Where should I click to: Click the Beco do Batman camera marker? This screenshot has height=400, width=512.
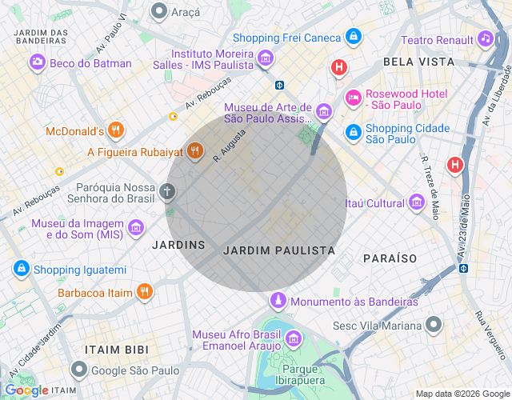38,62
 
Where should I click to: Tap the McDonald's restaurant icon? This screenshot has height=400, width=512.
116,130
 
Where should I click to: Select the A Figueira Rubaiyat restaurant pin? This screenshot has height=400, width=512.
194,150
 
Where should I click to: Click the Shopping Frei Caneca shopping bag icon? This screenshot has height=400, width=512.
353,37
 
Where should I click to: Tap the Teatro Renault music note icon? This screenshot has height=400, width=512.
485,38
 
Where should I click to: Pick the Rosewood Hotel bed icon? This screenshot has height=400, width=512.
353,98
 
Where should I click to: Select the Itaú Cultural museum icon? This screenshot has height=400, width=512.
416,203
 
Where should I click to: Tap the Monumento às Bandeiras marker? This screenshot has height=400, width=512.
277,301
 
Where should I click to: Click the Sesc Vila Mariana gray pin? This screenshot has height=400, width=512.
434,325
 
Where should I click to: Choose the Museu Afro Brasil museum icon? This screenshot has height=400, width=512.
293,338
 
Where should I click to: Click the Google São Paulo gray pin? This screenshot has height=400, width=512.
78,370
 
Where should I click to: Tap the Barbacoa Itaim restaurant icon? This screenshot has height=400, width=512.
144,292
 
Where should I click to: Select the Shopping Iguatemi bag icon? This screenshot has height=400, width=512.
22,269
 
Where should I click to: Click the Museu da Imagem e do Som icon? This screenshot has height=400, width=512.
136,227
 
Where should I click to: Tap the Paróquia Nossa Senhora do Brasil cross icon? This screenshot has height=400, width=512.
167,191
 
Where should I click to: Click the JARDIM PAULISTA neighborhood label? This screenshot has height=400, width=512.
278,250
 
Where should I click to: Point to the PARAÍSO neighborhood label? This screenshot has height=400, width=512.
390,258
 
